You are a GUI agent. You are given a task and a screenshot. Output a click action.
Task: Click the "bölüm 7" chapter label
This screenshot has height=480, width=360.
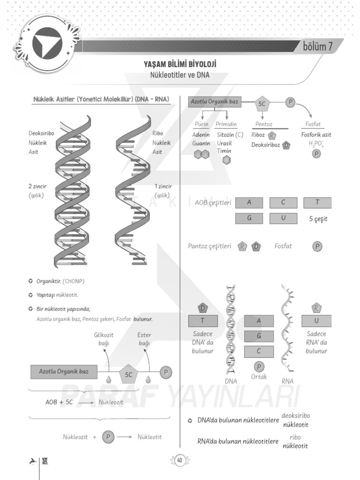click(317, 46)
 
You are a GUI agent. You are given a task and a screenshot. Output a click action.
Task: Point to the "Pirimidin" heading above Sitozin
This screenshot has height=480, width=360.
click(226, 124)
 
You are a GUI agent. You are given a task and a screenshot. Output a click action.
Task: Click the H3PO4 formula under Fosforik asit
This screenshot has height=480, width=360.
click(316, 143)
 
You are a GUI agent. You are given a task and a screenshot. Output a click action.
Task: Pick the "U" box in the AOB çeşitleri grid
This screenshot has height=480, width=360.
click(283, 218)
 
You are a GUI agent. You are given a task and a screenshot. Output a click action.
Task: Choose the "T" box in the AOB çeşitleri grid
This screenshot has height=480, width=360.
click(317, 202)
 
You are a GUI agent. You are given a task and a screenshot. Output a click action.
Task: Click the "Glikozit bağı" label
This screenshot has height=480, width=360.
click(104, 339)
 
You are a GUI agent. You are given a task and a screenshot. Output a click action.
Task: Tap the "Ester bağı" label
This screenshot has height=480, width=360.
click(144, 339)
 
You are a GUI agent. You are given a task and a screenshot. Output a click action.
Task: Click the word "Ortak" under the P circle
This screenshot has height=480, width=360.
click(259, 377)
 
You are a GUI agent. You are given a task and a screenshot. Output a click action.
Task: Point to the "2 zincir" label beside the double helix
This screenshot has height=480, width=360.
click(37, 186)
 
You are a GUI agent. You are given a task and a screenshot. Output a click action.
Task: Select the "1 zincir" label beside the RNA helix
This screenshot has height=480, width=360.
click(163, 186)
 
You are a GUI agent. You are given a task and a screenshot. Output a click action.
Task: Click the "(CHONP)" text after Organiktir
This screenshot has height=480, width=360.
click(72, 281)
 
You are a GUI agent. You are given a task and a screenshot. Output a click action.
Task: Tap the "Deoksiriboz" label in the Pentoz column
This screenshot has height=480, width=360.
click(266, 145)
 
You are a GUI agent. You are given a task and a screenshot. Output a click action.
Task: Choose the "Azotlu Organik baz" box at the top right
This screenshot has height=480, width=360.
click(214, 102)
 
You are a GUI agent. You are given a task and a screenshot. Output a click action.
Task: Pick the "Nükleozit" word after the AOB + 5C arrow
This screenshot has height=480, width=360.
click(111, 402)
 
